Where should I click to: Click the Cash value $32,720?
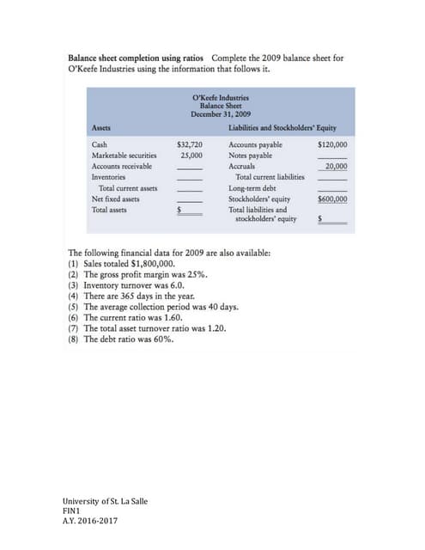(x=189, y=145)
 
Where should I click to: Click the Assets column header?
(x=100, y=128)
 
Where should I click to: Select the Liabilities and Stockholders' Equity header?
(x=282, y=128)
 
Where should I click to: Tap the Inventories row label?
(x=109, y=176)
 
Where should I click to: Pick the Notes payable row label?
(x=251, y=156)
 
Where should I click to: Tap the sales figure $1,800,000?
(x=155, y=265)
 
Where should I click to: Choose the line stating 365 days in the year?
(x=132, y=296)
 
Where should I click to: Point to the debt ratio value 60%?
(x=161, y=339)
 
